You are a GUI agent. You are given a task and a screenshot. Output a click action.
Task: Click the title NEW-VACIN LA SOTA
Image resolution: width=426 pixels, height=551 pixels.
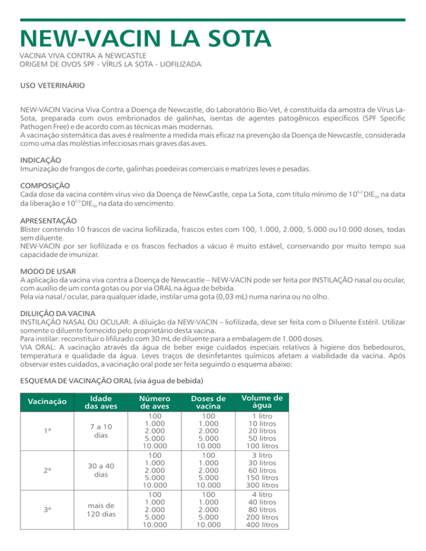click(x=145, y=39)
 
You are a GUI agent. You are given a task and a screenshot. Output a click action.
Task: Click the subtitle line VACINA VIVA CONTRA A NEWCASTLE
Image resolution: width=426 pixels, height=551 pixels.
click(x=83, y=55)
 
